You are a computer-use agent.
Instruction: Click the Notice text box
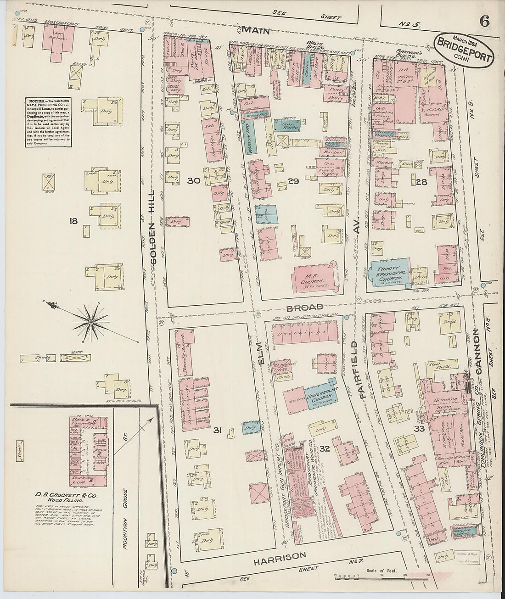coord(48,122)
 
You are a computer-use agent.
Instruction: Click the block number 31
coord(217,430)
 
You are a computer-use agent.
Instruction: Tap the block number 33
coord(419,429)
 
